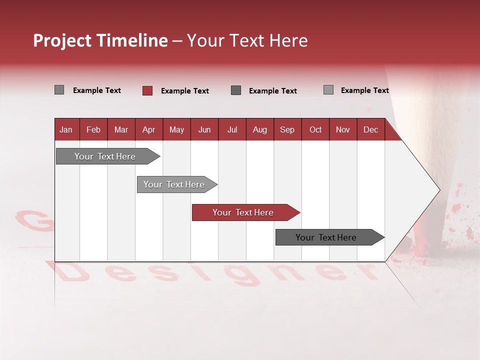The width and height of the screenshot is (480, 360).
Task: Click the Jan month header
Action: click(66, 129)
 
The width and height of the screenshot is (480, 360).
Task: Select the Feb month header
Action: click(93, 129)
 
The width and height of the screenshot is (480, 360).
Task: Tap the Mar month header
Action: click(121, 129)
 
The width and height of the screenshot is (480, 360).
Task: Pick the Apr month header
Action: click(148, 129)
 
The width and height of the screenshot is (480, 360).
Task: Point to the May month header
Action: click(176, 129)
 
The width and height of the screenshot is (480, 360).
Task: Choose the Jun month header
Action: click(204, 129)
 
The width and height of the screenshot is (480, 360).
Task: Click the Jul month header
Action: click(232, 129)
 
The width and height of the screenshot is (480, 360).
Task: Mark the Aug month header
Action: click(259, 129)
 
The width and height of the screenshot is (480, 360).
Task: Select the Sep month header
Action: click(287, 129)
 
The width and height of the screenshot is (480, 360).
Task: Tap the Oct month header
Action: click(315, 129)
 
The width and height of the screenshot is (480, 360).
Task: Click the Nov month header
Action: click(343, 129)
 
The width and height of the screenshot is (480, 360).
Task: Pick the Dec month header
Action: click(370, 129)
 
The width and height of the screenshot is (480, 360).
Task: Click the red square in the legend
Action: click(147, 90)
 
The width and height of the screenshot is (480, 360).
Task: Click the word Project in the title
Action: click(62, 40)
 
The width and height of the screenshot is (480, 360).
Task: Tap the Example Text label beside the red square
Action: click(184, 91)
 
